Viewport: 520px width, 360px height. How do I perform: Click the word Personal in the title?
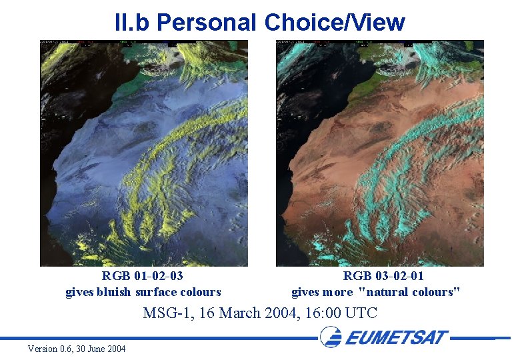coord(207,22)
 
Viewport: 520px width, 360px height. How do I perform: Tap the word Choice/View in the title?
coord(335,22)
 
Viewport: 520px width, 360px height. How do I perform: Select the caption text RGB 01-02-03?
coord(143,276)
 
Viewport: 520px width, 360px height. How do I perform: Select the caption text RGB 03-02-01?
coord(383,276)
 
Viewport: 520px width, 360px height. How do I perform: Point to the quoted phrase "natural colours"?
coord(409,292)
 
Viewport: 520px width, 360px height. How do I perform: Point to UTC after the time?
coord(363,313)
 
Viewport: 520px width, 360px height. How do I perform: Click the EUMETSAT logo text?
coord(397,337)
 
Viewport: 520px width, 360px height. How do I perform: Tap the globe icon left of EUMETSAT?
coord(331,337)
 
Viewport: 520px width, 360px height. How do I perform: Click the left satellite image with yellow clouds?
coord(144,153)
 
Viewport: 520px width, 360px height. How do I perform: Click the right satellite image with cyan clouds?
coord(380,153)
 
